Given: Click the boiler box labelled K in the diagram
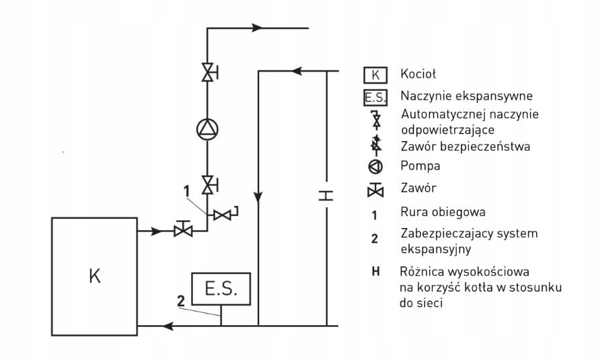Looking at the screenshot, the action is click(95, 277).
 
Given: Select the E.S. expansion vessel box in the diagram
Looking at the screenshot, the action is click(221, 289).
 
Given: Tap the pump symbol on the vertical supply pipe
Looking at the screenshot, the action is click(207, 129).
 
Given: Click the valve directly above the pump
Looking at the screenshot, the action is click(209, 72).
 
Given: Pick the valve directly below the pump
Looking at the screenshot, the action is click(209, 185).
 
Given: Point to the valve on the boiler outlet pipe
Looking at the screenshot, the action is click(183, 228).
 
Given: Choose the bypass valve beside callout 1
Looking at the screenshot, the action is click(225, 215).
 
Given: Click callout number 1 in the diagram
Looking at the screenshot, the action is click(187, 191).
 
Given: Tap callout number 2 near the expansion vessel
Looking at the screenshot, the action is click(181, 301).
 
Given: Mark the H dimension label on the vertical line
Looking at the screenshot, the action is click(326, 196).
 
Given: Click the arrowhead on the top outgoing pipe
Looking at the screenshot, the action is click(258, 28).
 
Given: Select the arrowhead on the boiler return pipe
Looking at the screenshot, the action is click(168, 326).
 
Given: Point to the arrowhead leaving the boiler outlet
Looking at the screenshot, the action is click(157, 231).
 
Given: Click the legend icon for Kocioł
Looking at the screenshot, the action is click(375, 75).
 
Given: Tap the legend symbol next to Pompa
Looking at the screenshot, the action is click(375, 167).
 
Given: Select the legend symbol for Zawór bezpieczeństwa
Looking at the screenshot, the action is click(377, 145).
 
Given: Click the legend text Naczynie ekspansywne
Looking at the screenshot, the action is click(466, 96).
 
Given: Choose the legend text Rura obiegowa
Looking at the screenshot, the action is click(443, 212).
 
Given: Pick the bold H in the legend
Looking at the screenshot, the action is click(376, 272).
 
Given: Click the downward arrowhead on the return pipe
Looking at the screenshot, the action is click(258, 196).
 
